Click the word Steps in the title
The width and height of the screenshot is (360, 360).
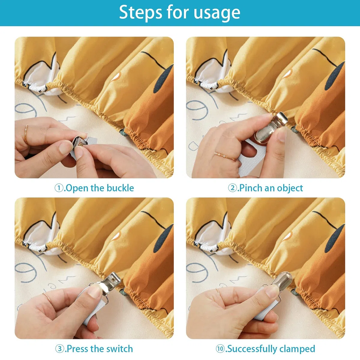(140, 12)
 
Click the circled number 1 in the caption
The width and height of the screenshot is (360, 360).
(59, 188)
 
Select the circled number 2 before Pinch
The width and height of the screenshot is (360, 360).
(232, 188)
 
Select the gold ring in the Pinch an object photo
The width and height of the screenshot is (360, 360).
(225, 156)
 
